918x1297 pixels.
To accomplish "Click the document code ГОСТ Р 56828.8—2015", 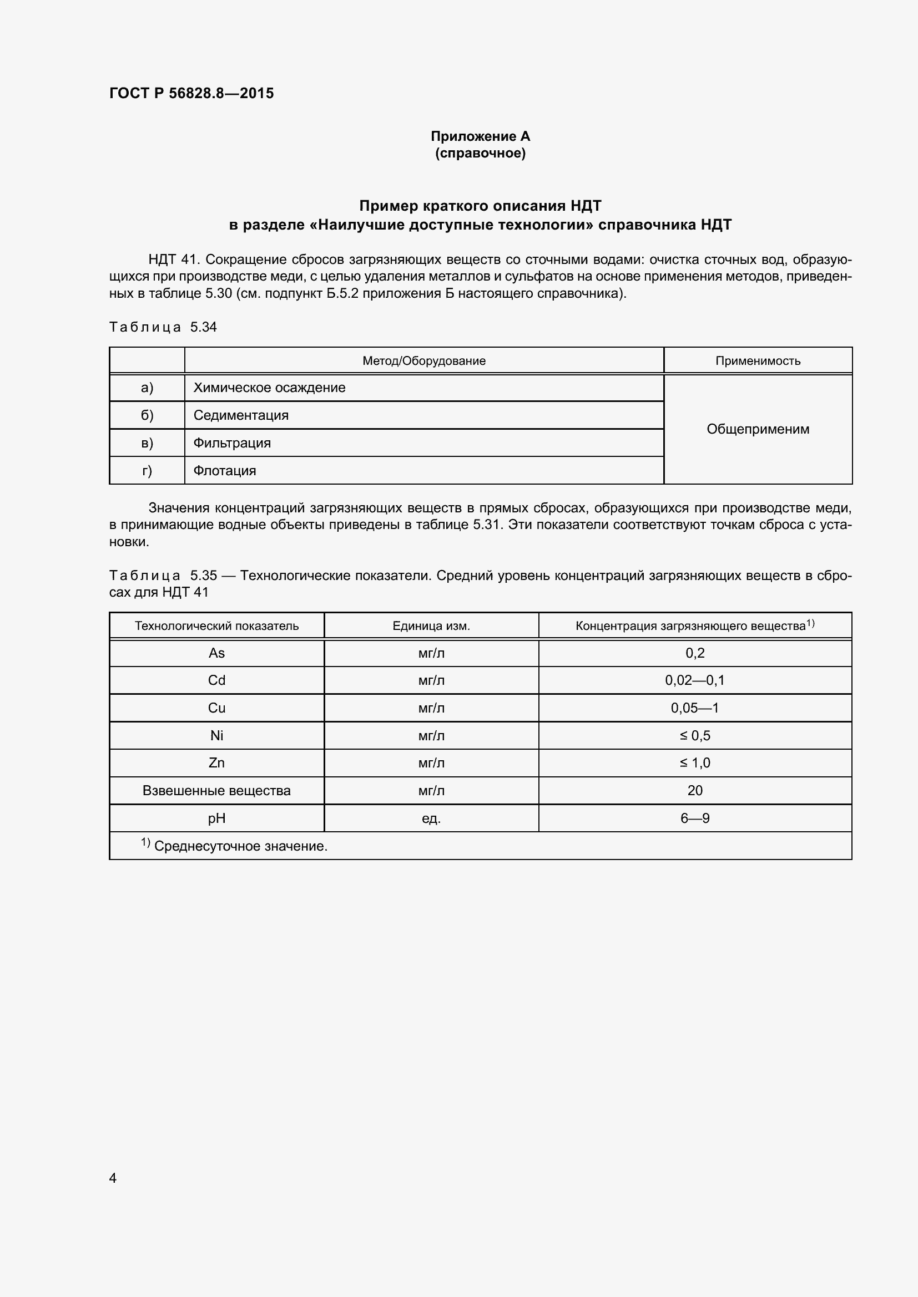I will coord(191,93).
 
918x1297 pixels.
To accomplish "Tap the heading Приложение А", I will coord(480,136).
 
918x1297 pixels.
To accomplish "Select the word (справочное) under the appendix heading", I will coord(480,153).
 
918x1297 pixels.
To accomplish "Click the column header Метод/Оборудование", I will coord(423,361).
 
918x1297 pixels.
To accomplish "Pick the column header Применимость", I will coord(758,361).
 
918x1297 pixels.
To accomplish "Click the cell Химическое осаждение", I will coord(269,388).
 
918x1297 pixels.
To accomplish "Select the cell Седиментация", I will coord(241,415).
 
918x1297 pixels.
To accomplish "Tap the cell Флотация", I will coord(224,471).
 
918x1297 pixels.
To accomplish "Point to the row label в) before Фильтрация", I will coord(147,443).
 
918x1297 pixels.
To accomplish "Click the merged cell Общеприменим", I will coord(758,429).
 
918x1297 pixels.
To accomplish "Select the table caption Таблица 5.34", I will coord(163,327).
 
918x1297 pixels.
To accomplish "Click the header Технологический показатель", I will coord(216,626).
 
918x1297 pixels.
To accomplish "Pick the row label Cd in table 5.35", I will coord(216,680).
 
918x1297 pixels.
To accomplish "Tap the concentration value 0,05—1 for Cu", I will coord(695,708).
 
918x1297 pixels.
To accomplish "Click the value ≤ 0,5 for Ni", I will coord(695,735).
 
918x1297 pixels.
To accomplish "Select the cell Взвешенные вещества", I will coord(216,790).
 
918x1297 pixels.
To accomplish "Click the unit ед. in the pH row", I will coord(431,818).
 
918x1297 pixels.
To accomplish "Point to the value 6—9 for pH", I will coord(695,818).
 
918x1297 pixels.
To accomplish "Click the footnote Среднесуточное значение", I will coord(240,846).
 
